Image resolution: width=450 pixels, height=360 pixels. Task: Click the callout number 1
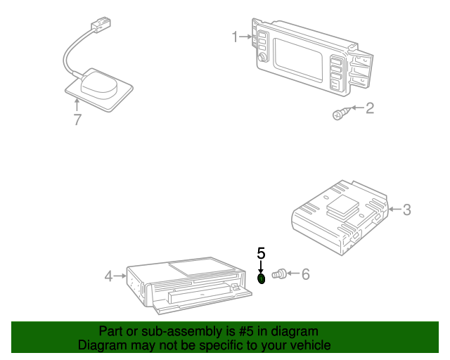[x=235, y=37]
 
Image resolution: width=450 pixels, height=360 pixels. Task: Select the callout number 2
[x=370, y=108]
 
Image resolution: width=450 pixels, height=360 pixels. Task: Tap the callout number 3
[x=407, y=210]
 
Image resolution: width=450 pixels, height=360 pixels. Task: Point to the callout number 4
[x=108, y=276]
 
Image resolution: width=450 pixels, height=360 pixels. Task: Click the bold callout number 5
[x=261, y=253]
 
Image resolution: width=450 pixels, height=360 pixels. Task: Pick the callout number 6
[x=306, y=274]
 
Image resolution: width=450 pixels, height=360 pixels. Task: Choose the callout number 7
[x=77, y=120]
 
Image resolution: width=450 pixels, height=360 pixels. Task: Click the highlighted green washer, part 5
[x=262, y=278]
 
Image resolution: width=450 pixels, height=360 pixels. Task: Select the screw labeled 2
[x=341, y=114]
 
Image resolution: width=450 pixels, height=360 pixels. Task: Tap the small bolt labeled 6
[x=279, y=274]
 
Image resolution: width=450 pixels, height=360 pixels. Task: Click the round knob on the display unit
[x=262, y=57]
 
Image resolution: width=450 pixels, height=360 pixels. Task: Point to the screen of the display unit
[x=298, y=60]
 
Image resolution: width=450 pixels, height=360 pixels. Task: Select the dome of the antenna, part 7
[x=99, y=85]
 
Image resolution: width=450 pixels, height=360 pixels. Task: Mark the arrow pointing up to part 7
[x=77, y=105]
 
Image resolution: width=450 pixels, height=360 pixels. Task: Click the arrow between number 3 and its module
[x=394, y=210]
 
